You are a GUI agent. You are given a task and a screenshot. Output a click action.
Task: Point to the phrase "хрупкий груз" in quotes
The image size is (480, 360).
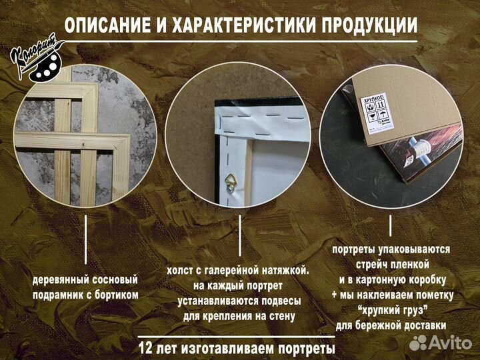pos(392,310)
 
